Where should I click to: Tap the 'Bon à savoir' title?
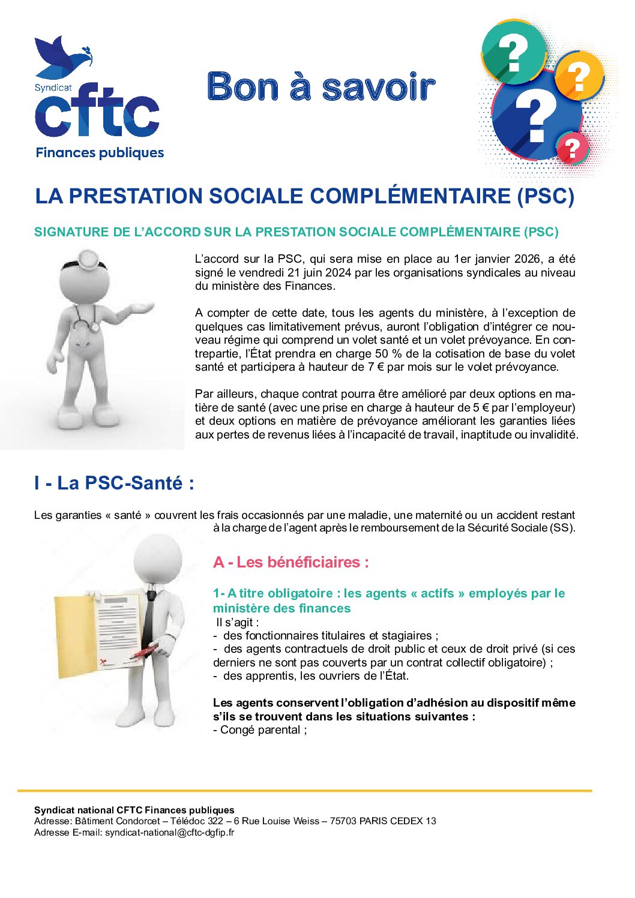click(x=321, y=87)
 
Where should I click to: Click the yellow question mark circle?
click(x=579, y=76)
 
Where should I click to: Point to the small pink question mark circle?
click(x=573, y=148)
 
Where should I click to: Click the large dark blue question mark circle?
click(x=535, y=117)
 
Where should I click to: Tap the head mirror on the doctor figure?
click(x=89, y=259)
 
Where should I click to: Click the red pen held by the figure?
click(x=145, y=651)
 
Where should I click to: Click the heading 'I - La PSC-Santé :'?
click(x=114, y=483)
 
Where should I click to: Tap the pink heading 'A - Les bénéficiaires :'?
click(x=290, y=562)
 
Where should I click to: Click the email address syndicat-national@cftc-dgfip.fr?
click(x=169, y=832)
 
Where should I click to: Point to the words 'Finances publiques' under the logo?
click(x=100, y=152)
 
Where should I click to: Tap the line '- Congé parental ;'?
click(x=260, y=730)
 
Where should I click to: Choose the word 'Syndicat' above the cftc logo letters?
click(x=53, y=88)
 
